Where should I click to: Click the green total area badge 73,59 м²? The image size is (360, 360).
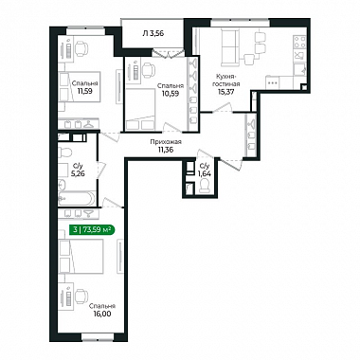[x=92, y=230]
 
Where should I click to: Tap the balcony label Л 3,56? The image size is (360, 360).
[x=153, y=33]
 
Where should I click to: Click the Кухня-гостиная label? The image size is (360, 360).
[x=226, y=81]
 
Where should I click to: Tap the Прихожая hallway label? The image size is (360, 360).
[x=166, y=142]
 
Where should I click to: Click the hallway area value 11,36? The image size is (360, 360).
[x=166, y=150]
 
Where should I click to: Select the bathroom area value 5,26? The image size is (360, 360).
[x=78, y=173]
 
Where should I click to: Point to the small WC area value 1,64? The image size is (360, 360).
[x=205, y=172]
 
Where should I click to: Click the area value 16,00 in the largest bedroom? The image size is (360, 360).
[x=102, y=314]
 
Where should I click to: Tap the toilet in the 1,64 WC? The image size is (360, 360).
[x=205, y=185]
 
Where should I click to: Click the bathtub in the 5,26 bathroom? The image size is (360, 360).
[x=76, y=198]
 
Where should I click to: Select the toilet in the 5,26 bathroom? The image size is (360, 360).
[x=65, y=153]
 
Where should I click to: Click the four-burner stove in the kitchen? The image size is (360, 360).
[x=300, y=43]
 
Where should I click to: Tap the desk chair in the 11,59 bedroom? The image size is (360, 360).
[x=81, y=48]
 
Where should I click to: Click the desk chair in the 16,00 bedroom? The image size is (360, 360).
[x=81, y=296]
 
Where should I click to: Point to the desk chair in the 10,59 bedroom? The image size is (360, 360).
[x=147, y=70]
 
